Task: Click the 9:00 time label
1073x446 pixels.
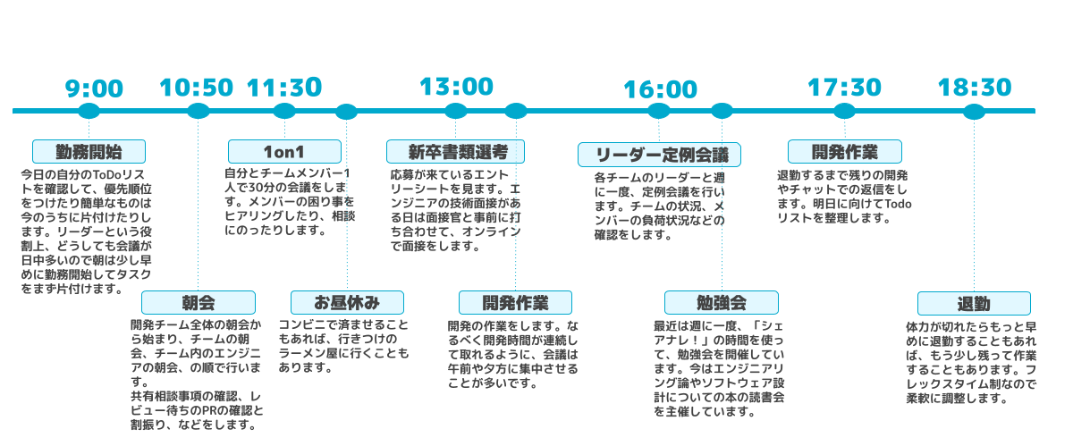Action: tap(94, 88)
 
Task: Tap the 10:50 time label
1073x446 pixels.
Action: tap(196, 88)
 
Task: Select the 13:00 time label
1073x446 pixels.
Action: tap(456, 87)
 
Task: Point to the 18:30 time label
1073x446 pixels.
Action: tap(974, 88)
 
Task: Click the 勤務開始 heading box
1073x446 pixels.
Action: tap(89, 150)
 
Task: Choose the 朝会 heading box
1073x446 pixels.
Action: tap(198, 302)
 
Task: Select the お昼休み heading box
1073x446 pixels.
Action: tap(347, 302)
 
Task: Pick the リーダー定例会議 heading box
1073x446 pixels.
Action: tap(659, 154)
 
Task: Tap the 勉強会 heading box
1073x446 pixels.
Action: tap(721, 302)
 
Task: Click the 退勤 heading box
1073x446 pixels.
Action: tap(973, 303)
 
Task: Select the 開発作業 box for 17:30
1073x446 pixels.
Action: tap(844, 151)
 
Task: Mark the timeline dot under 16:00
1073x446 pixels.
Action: tap(659, 111)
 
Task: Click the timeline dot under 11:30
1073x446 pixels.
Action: tap(284, 111)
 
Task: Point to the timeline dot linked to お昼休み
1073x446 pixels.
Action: tap(347, 111)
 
